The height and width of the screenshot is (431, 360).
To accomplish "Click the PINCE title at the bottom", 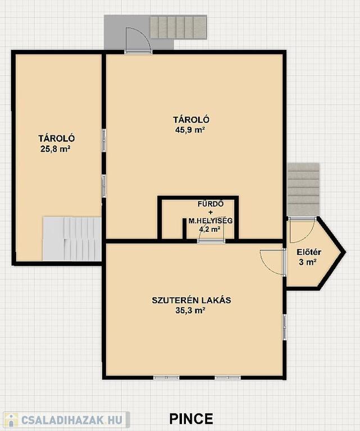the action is (191, 419).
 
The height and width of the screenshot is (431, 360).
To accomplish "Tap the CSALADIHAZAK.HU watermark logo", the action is (65, 420).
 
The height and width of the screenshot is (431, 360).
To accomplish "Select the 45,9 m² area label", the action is (190, 130).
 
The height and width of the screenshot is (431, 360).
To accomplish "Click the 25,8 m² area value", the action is (55, 149).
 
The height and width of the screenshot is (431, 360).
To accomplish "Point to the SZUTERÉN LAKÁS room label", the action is (192, 300).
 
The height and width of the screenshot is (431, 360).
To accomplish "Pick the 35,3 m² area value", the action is (191, 310).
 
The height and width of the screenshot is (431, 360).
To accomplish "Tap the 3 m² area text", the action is (307, 262).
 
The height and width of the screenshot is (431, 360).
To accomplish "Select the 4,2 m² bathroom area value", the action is (210, 229).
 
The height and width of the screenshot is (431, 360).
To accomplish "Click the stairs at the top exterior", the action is (178, 27).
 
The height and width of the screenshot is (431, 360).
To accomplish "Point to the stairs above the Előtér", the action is (304, 189).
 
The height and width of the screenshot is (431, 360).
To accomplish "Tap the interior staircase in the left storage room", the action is (72, 239).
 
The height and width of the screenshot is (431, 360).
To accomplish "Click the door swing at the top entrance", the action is (138, 39).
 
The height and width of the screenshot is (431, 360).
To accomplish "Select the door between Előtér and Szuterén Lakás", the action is (272, 262).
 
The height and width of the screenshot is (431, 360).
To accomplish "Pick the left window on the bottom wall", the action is (166, 378).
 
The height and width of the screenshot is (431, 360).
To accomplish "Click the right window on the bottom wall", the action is (228, 378).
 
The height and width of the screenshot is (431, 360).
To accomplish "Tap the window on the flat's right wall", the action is (285, 327).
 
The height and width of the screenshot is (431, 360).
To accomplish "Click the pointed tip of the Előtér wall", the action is (345, 252).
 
